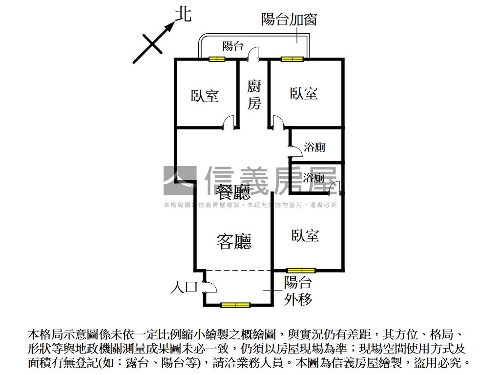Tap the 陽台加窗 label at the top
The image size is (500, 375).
(x=289, y=20)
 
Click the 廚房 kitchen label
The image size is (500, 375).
(x=254, y=95)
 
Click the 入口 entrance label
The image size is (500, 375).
(x=184, y=287)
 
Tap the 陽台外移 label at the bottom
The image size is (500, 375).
(x=298, y=291)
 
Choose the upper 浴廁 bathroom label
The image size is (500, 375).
(x=314, y=147)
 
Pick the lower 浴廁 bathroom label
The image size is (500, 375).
(x=313, y=178)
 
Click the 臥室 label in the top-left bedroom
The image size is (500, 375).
(x=205, y=95)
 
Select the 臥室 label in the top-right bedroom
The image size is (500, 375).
(x=304, y=93)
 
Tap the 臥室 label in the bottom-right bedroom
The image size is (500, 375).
(x=306, y=235)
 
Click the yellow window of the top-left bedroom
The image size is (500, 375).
(x=217, y=60)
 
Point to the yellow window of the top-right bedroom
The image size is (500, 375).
(x=292, y=60)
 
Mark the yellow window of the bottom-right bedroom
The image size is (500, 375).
(x=301, y=270)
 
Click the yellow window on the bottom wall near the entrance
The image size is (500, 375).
(x=235, y=305)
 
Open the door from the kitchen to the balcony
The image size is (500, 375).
(x=253, y=55)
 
